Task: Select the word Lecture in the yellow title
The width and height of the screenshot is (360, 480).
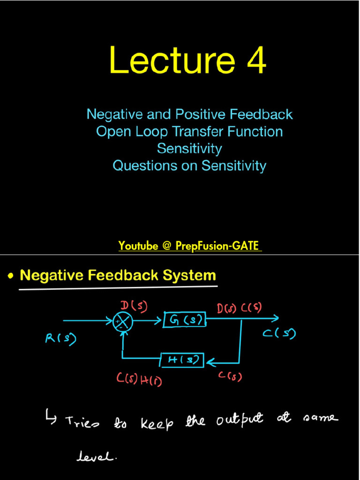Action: point(172,61)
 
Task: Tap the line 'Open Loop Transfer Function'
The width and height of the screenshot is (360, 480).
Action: point(189,131)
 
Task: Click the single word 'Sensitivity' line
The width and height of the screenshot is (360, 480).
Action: point(189,149)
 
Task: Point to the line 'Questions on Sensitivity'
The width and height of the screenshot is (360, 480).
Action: point(189,165)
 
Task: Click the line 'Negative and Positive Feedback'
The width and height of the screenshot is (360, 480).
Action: point(189,114)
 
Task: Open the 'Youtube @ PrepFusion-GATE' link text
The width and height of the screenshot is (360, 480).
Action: point(189,246)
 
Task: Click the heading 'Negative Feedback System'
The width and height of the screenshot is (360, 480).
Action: point(118,276)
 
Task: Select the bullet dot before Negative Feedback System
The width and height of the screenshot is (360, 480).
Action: point(10,277)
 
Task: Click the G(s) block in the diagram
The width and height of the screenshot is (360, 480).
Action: point(184,321)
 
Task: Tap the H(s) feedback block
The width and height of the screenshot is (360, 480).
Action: point(182,360)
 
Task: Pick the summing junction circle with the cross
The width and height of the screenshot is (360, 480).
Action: point(123,322)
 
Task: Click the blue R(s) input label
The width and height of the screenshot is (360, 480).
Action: point(60,338)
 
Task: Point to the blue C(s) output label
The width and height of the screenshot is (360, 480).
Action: point(279,334)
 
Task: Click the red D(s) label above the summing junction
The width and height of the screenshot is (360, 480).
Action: point(134,306)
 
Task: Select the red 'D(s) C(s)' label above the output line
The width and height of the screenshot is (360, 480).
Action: point(239,308)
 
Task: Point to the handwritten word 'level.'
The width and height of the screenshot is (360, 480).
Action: point(97,457)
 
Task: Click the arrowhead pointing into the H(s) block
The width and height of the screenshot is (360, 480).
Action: point(210,362)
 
